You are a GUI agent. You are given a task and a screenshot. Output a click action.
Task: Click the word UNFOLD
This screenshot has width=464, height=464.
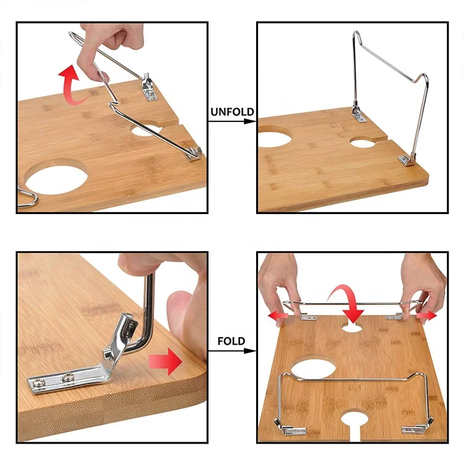pos(232,112)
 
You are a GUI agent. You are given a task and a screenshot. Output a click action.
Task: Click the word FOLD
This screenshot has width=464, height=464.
pos(231,341)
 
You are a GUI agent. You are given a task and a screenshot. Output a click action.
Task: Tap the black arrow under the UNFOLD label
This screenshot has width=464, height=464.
pos(232,121)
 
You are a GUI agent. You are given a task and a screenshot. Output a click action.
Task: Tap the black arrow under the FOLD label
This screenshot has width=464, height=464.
pos(232,351)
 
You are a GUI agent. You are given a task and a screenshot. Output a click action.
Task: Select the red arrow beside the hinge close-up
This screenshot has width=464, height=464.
pos(165,361)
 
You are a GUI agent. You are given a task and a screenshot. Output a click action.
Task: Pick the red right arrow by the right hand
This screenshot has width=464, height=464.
pos(426,316)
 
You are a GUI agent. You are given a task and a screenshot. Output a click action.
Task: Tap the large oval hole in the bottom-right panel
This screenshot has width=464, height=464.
pos(314,367)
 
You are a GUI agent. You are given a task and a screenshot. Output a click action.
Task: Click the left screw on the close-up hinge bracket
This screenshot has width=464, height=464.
pos(38,383)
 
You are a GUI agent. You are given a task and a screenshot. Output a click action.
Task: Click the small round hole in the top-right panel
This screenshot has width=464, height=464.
pos(363,142)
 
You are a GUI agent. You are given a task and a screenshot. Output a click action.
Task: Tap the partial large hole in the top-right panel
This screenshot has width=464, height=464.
pos(273,137)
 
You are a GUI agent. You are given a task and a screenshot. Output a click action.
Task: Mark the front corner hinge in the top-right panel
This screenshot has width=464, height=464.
pos(406,160)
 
